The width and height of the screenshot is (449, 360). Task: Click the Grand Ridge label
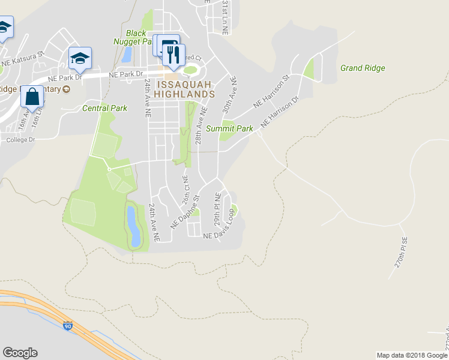click(x=363, y=68)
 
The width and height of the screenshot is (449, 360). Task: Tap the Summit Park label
click(x=229, y=129)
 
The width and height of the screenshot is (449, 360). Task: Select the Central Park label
click(x=104, y=109)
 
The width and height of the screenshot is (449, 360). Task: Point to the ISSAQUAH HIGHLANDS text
click(x=184, y=89)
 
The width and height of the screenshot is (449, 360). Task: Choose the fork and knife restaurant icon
click(x=173, y=56)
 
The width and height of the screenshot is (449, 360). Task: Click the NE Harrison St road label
click(x=271, y=91)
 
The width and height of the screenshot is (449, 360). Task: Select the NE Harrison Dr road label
click(x=279, y=113)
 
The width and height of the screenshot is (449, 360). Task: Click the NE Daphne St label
click(x=185, y=210)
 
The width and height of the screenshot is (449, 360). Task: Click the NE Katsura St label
click(x=23, y=58)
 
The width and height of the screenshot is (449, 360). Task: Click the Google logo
click(x=20, y=353)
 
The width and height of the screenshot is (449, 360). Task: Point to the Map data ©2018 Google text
click(x=411, y=355)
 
